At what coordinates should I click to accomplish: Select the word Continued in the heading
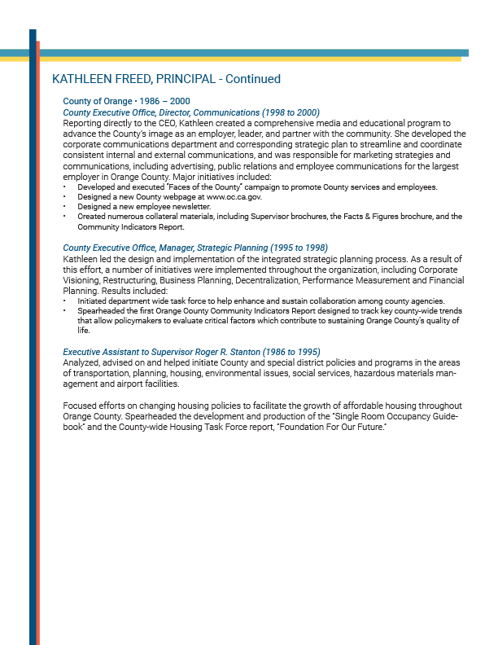[253, 79]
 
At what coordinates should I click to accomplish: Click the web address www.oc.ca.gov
[234, 197]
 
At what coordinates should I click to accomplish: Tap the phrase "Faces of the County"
[192, 187]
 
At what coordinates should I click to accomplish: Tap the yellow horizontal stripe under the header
[244, 59]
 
